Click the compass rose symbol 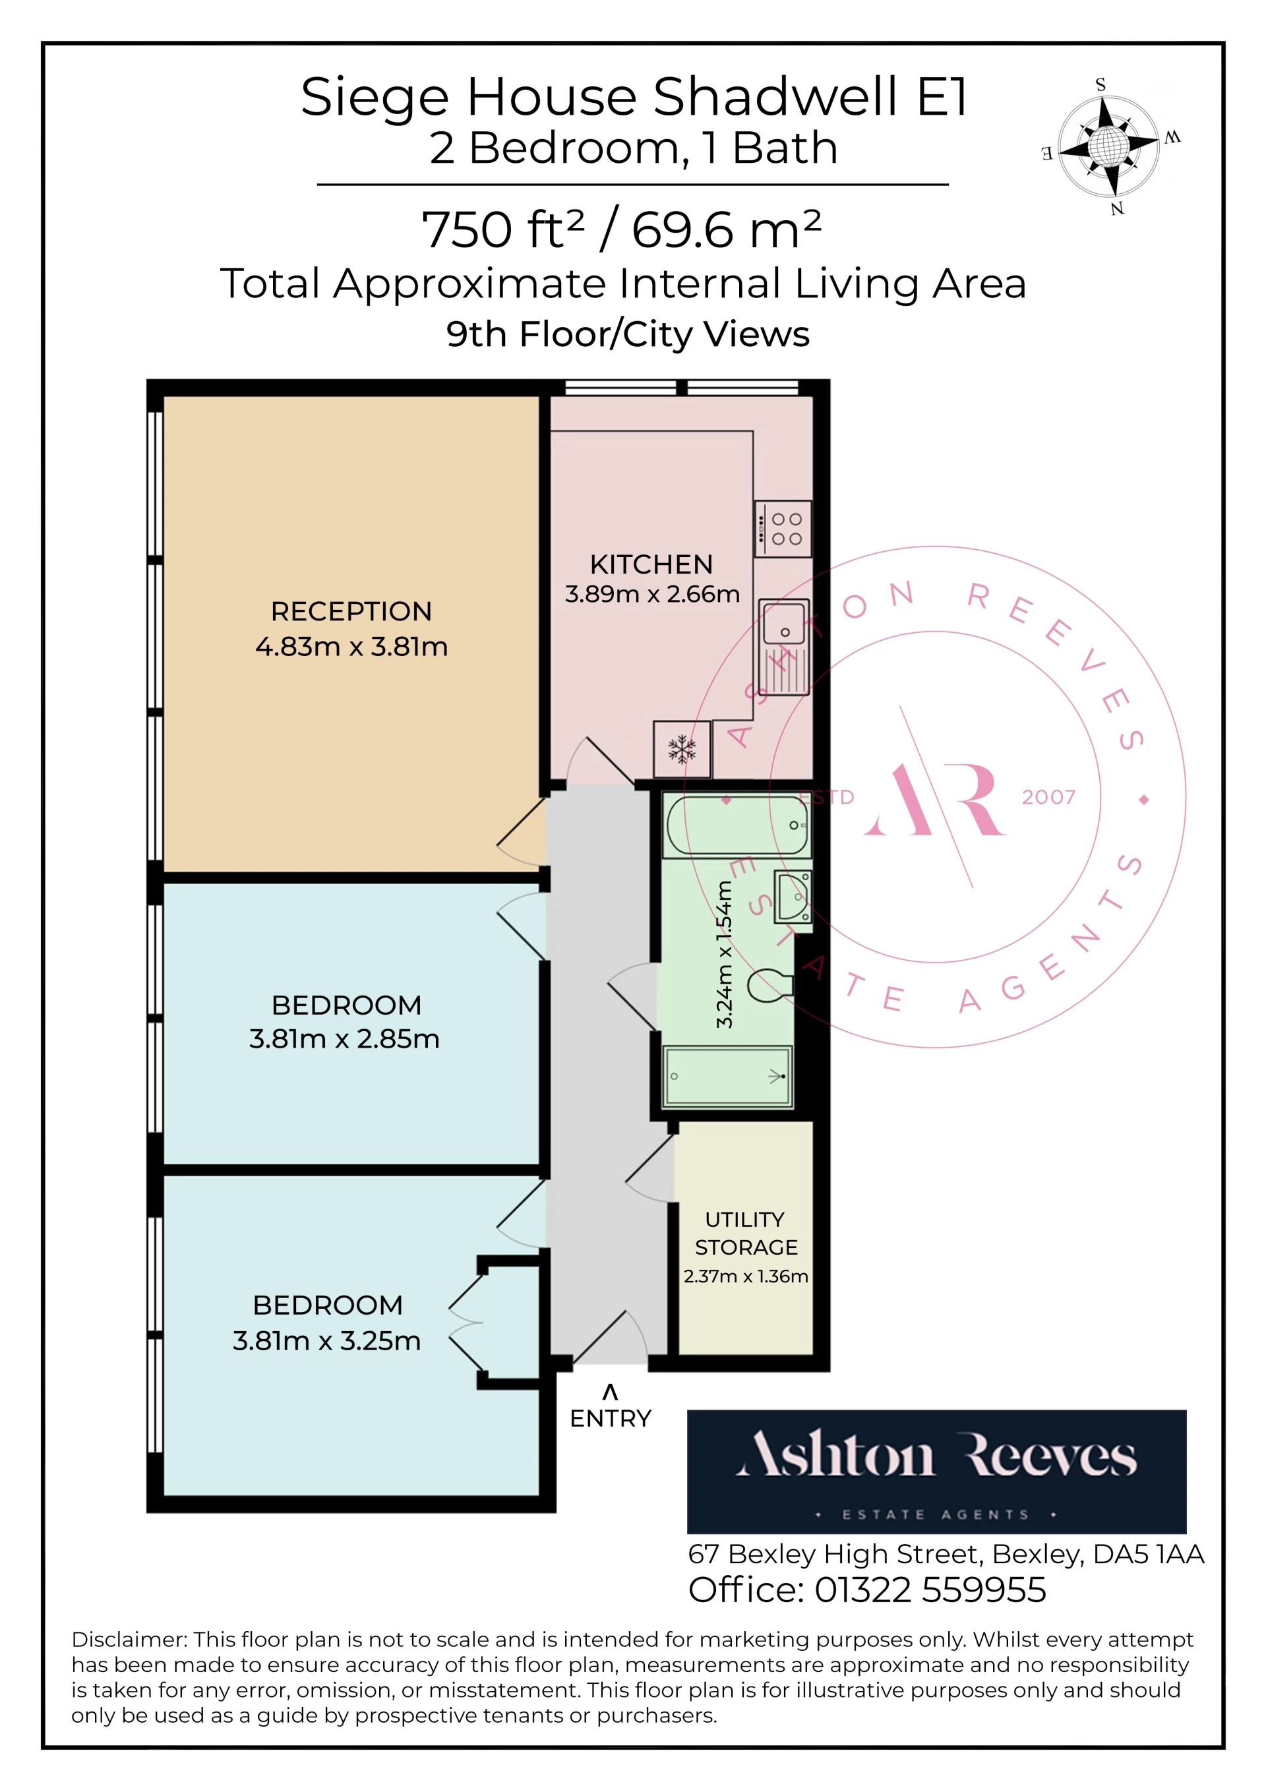1109,146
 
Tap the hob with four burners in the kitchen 783,529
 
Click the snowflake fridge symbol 682,749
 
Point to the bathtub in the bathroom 737,825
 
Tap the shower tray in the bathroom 727,1077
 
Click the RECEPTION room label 351,611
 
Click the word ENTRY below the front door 611,1418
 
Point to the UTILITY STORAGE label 746,1234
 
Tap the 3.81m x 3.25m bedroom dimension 326,1340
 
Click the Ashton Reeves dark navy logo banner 936,1472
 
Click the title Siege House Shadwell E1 634,97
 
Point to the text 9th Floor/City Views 628,334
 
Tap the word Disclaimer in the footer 129,1640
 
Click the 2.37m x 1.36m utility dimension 746,1276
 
